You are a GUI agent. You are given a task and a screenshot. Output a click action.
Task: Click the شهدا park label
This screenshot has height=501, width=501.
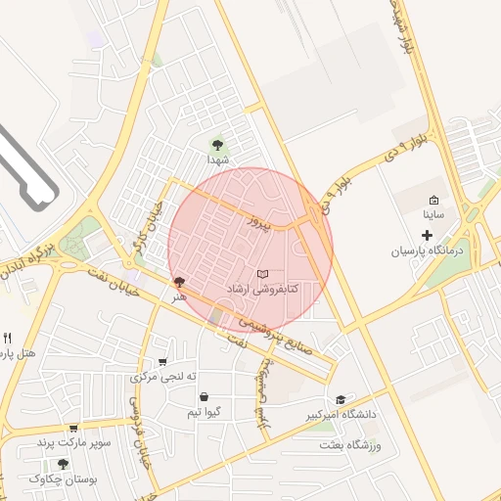pyautogui.click(x=217, y=159)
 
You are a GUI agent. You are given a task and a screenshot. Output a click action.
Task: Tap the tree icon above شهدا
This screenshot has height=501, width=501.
pyautogui.click(x=217, y=144)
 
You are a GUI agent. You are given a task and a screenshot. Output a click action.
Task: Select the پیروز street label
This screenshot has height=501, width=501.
pyautogui.click(x=256, y=223)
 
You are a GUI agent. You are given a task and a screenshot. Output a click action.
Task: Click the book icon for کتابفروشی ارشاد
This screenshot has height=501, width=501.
pyautogui.click(x=261, y=274)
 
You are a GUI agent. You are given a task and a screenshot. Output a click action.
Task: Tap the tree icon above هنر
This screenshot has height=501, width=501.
pyautogui.click(x=178, y=282)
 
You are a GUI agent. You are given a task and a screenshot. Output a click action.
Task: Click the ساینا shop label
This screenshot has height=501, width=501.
pyautogui.click(x=433, y=212)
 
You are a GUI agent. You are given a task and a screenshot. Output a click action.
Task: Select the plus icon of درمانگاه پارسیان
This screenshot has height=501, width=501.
pyautogui.click(x=426, y=235)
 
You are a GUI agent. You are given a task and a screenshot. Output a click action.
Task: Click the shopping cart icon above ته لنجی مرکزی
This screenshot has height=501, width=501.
pyautogui.click(x=163, y=361)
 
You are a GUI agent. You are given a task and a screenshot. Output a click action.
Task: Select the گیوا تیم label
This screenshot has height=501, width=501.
pyautogui.click(x=208, y=412)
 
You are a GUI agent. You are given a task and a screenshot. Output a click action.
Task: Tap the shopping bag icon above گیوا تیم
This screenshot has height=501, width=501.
pyautogui.click(x=203, y=397)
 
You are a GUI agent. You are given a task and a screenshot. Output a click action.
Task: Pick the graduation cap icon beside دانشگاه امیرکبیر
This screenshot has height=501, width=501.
pyautogui.click(x=341, y=399)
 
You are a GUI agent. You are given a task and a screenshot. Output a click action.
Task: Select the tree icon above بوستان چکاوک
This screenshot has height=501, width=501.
pyautogui.click(x=64, y=464)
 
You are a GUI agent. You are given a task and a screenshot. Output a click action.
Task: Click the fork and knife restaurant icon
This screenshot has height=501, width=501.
pyautogui.click(x=8, y=338)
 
